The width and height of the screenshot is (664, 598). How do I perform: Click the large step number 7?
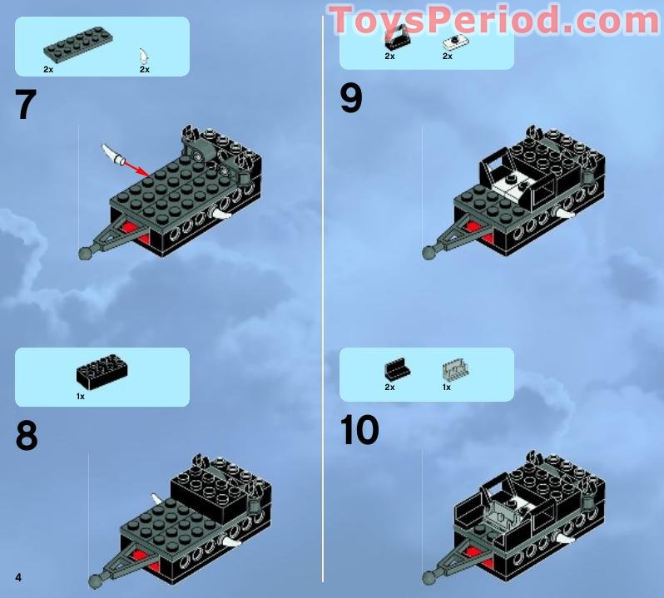pos(26,105)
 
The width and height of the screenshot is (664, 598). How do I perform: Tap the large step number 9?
pos(351,98)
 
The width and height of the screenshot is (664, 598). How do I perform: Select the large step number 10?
pos(359,430)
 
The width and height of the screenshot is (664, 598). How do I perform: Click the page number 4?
pos(17,576)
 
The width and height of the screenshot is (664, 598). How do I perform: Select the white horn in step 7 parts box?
pos(145,56)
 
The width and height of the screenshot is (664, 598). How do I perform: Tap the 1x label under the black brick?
pos(81,398)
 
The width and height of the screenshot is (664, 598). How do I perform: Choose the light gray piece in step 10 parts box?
pos(453,370)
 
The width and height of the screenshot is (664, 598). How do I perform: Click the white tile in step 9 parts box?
pos(453,42)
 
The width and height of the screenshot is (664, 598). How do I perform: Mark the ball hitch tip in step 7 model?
pos(86,253)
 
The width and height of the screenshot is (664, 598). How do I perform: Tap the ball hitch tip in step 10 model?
pos(430,576)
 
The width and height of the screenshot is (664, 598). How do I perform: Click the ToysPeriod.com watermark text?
pos(495,20)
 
